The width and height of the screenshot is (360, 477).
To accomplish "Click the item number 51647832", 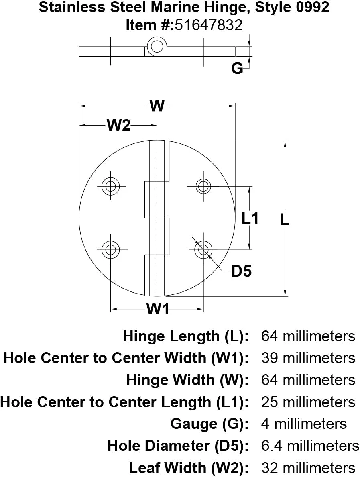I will click(208, 25).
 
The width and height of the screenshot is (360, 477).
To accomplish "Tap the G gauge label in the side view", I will click(237, 69).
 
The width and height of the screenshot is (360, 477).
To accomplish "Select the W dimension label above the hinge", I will click(157, 106).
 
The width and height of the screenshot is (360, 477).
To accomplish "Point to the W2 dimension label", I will click(119, 126).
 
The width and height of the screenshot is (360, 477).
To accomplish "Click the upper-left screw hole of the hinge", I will click(110, 186).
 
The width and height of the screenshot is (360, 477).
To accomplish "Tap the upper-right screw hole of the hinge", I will click(203, 186).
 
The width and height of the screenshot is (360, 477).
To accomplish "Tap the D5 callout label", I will click(241, 272).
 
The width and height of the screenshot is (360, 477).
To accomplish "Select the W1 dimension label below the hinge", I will click(157, 309).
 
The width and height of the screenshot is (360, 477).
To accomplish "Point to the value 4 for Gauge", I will click(265, 424).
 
